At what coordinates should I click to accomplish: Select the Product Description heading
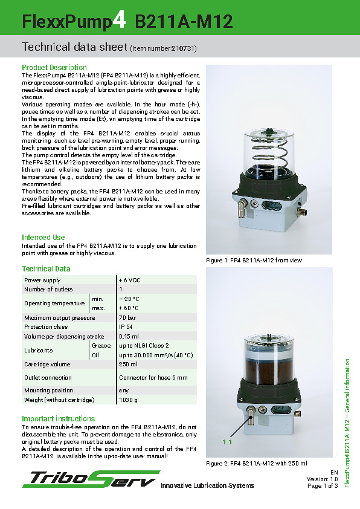pos(54,67)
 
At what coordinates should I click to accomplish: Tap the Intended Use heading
pos(43,238)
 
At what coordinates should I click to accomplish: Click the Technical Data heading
pos(46,269)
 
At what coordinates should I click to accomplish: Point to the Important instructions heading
pos(59,419)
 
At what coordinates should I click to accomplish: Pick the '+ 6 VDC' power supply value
pos(129,280)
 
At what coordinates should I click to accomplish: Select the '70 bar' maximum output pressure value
pos(127,317)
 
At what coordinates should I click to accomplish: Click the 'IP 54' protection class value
pos(126,327)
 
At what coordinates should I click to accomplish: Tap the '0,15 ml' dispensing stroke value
pos(129,336)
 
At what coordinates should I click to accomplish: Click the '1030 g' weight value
pos(128,400)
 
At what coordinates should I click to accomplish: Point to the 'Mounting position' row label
pos(49,391)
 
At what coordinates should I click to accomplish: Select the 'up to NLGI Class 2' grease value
pos(144,346)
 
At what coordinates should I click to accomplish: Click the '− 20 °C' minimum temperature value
pos(129,299)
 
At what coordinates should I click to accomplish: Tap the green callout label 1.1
pos(227,443)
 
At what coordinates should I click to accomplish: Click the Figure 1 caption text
pos(254,261)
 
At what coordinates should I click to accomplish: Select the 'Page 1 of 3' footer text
pos(322,485)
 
